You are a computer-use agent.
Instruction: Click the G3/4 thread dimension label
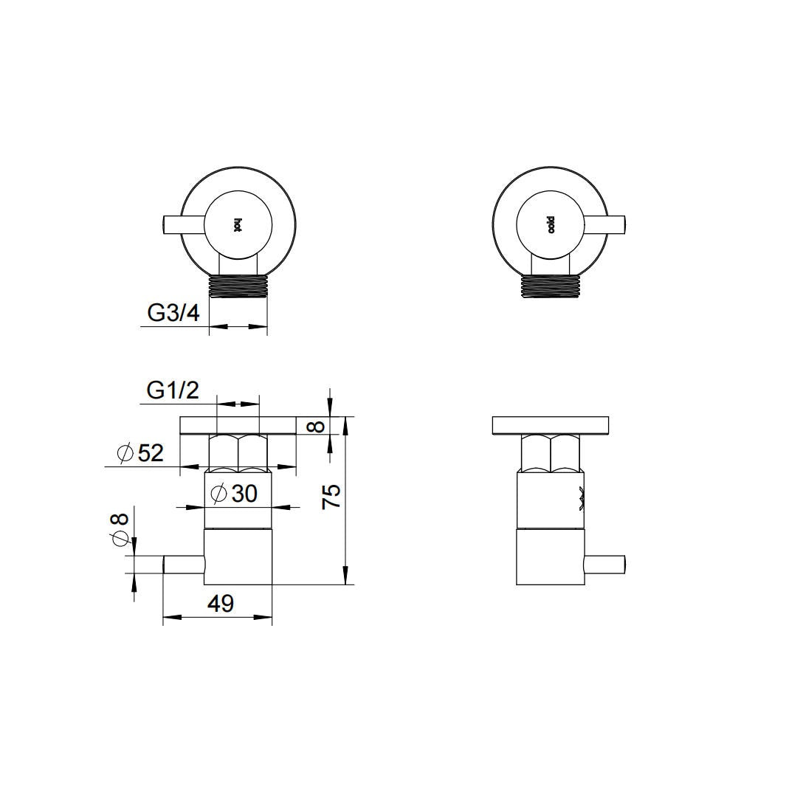click(x=173, y=313)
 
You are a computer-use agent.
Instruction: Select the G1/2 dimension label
click(x=173, y=391)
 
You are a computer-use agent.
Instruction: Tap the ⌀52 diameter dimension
click(x=139, y=452)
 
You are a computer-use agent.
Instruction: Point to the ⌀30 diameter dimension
click(x=233, y=494)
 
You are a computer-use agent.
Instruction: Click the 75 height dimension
click(x=331, y=496)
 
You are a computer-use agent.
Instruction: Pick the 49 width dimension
click(x=221, y=604)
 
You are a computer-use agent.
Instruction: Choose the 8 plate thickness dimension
click(x=317, y=426)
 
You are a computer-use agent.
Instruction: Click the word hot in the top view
click(x=238, y=225)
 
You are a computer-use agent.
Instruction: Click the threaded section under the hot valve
click(x=238, y=286)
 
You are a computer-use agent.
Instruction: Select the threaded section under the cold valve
click(x=551, y=286)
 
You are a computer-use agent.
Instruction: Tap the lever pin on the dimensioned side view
click(x=183, y=565)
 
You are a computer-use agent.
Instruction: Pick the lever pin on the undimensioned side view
click(x=605, y=565)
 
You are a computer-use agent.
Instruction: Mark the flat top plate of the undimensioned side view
click(x=551, y=426)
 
